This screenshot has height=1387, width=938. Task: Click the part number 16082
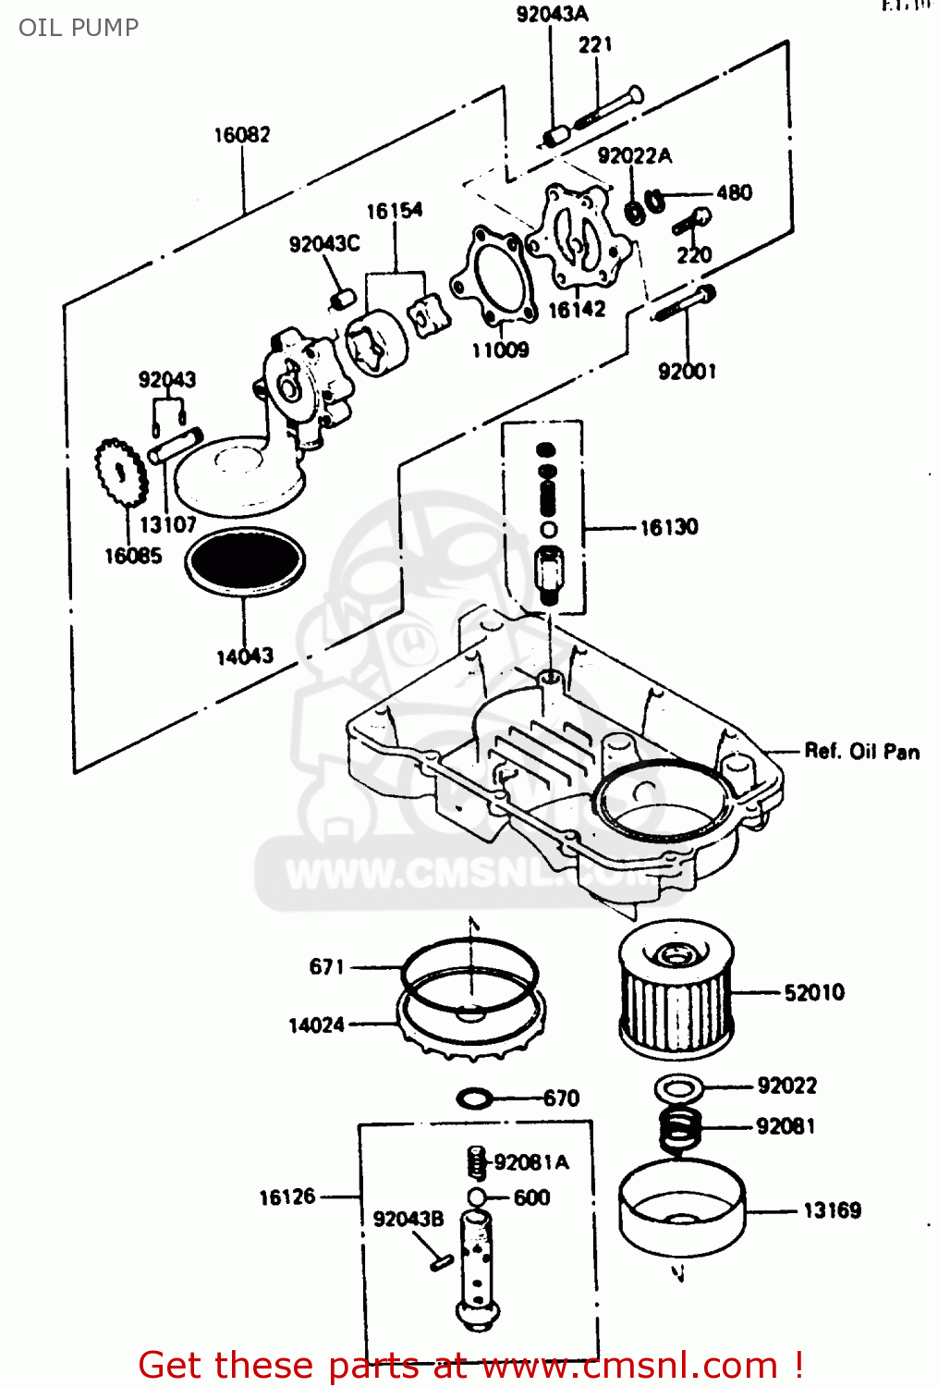242,135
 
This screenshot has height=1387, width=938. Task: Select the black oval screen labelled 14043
245,561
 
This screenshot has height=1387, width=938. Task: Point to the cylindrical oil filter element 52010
676,990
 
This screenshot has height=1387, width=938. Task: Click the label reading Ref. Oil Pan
861,752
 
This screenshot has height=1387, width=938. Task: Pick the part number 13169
832,1210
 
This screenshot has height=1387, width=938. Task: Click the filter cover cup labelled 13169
681,1207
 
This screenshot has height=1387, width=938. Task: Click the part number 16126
287,1197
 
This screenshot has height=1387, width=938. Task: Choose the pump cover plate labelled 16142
579,237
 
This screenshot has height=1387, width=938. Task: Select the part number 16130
669,528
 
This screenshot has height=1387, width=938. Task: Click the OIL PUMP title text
79,28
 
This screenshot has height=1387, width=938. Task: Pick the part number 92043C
324,244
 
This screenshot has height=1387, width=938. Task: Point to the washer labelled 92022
679,1087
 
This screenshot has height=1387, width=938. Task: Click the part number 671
326,967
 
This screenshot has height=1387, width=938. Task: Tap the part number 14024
316,1025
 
